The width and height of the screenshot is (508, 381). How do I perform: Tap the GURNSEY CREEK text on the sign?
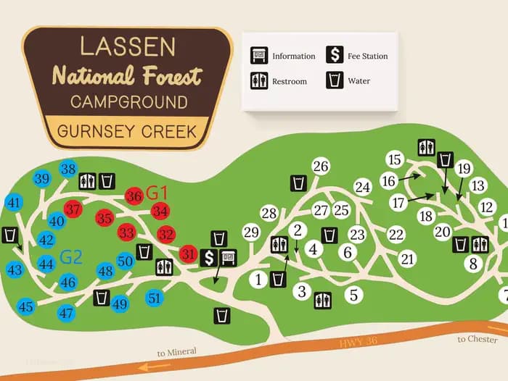[x=127, y=132]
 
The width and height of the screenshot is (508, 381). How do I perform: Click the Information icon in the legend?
[x=258, y=55]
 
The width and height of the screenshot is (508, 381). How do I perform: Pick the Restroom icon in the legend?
[x=258, y=80]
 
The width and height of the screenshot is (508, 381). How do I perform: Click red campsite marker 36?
[x=134, y=196]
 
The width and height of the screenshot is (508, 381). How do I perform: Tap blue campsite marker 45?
[x=26, y=307]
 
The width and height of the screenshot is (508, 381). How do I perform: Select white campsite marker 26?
[x=320, y=166]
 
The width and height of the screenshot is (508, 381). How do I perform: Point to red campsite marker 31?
[x=189, y=254]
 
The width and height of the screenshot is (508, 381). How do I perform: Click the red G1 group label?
[x=157, y=193]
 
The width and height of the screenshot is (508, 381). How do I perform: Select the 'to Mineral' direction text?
[x=176, y=353]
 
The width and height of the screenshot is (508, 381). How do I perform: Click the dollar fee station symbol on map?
[x=210, y=256]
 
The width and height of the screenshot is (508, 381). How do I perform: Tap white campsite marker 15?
[x=394, y=159]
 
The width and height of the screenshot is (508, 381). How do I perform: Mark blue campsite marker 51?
[x=154, y=297]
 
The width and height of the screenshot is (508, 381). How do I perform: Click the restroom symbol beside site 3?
[x=323, y=298]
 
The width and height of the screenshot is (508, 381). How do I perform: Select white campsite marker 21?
[x=407, y=259]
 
